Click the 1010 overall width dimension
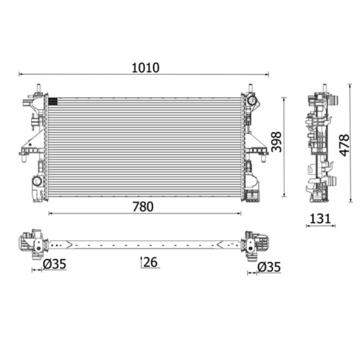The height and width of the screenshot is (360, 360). click(145, 68)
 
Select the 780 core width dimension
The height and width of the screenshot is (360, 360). click(143, 207)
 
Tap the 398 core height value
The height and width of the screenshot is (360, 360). click(276, 142)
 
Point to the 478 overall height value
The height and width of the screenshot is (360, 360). click(344, 145)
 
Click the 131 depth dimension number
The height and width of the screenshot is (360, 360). click(320, 219)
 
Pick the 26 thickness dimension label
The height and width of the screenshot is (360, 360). click(150, 262)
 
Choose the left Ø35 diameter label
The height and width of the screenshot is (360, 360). click(54, 264)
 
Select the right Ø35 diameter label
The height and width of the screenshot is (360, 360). click(269, 267)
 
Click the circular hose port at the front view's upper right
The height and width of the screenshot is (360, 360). click(252, 100)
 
